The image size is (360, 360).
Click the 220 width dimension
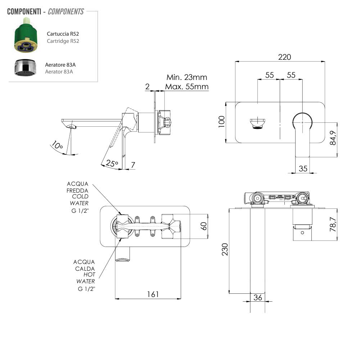pyautogui.click(x=284, y=57)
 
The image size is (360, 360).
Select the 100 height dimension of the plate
pyautogui.click(x=221, y=121)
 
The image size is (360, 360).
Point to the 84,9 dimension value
pyautogui.click(x=333, y=137)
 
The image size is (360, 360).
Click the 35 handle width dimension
pyautogui.click(x=303, y=168)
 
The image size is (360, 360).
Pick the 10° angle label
pyautogui.click(x=57, y=146)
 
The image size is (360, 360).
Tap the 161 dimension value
pyautogui.click(x=153, y=294)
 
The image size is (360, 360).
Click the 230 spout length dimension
pyautogui.click(x=224, y=249)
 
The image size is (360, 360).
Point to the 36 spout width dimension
pyautogui.click(x=258, y=298)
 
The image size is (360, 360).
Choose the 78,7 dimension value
pyautogui.click(x=333, y=224)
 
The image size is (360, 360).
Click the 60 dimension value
pyautogui.click(x=204, y=226)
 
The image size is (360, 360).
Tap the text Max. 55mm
pyautogui.click(x=186, y=87)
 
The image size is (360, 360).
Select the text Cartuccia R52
pyautogui.click(x=63, y=34)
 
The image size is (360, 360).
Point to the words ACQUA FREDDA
pyautogui.click(x=77, y=187)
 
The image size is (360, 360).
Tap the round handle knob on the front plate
pyautogui.click(x=302, y=122)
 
